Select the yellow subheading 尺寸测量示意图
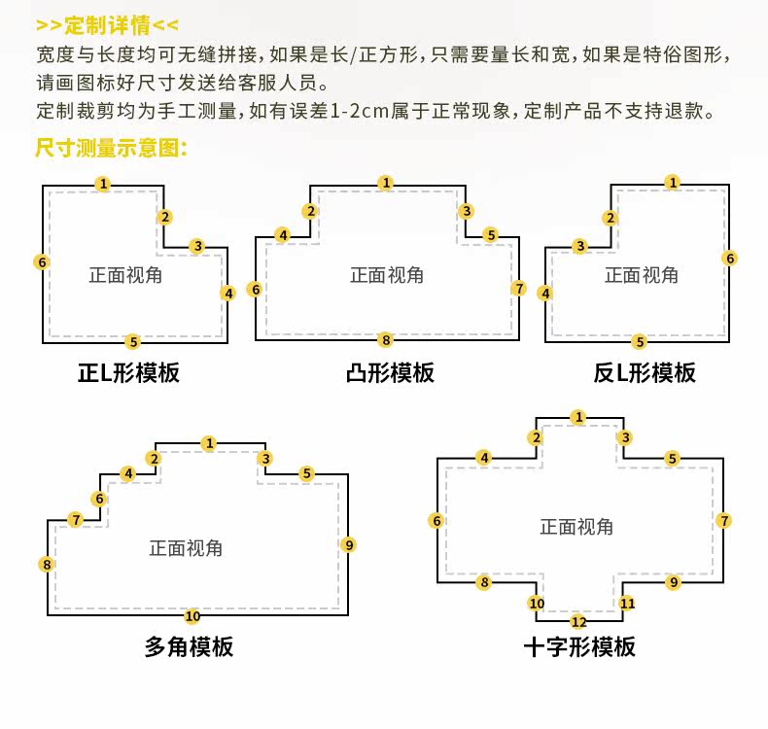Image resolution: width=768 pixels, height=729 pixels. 110,148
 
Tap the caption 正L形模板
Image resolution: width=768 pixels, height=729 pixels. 128,372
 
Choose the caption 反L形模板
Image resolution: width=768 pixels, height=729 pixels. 645,372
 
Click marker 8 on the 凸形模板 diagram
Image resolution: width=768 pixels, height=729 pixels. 386,340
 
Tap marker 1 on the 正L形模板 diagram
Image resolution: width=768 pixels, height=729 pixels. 103,184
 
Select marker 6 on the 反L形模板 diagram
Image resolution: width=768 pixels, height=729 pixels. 730,258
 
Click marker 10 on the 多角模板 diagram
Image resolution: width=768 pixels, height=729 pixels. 192,615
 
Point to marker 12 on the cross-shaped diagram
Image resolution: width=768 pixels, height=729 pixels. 578,621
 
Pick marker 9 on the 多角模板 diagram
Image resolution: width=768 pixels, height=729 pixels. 349,544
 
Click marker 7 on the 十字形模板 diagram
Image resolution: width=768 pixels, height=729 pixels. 724,521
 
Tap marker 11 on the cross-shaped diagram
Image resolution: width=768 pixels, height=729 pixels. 627,603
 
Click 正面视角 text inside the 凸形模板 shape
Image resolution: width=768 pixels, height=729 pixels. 387,275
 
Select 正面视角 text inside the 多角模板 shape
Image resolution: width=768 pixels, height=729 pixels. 186,548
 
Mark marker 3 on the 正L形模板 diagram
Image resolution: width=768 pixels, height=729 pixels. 197,246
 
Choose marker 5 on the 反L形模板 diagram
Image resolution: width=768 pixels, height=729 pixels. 639,341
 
